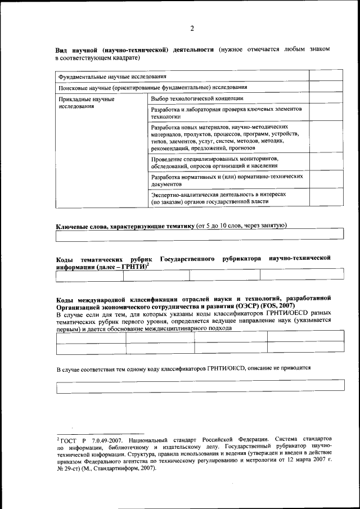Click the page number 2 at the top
click(x=192, y=29)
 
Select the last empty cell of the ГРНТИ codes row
click(x=301, y=274)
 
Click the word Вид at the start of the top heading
click(x=62, y=50)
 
